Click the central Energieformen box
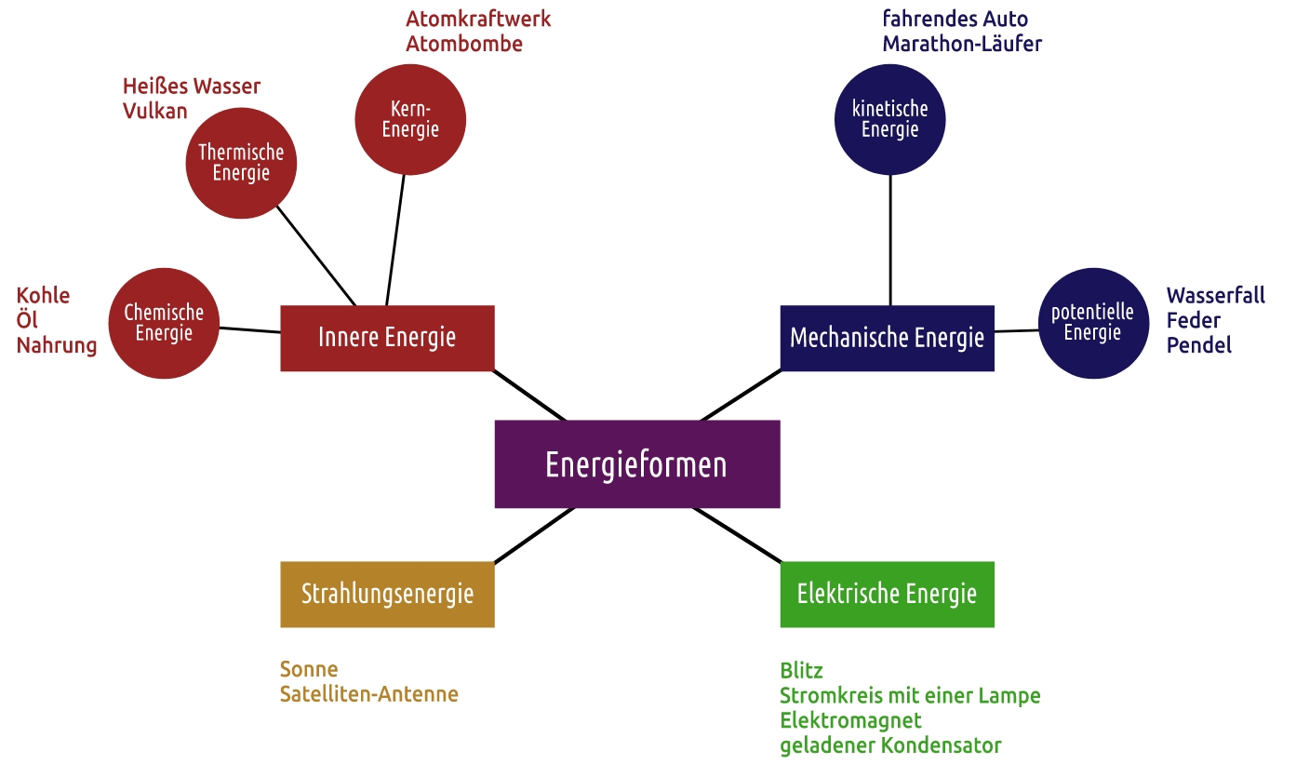pyautogui.click(x=636, y=463)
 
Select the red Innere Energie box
pyautogui.click(x=387, y=337)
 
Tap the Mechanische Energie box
pyautogui.click(x=887, y=337)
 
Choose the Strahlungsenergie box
pyautogui.click(x=387, y=594)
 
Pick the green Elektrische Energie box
pyautogui.click(x=887, y=594)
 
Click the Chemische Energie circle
pyautogui.click(x=164, y=323)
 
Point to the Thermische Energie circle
pyautogui.click(x=241, y=163)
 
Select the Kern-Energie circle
pyautogui.click(x=410, y=119)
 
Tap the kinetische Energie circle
pyautogui.click(x=890, y=119)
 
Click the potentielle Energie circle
pyautogui.click(x=1092, y=323)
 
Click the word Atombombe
pyautogui.click(x=464, y=44)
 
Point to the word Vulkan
pyautogui.click(x=155, y=111)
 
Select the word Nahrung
pyautogui.click(x=57, y=345)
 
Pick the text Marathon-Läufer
pyautogui.click(x=962, y=44)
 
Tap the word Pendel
pyautogui.click(x=1199, y=345)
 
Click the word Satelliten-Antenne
pyautogui.click(x=369, y=694)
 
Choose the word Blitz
pyautogui.click(x=801, y=671)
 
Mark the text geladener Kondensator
pyautogui.click(x=890, y=745)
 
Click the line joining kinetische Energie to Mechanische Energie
pyautogui.click(x=890, y=240)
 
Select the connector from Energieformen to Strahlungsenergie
pyautogui.click(x=534, y=535)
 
